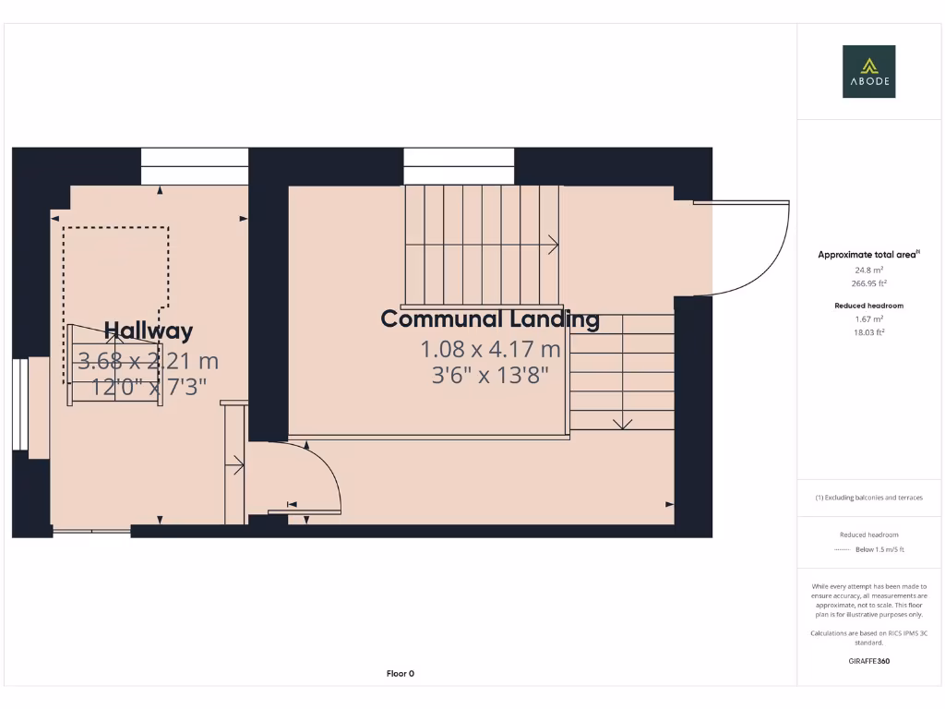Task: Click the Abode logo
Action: click(868, 71)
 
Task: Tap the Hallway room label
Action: click(148, 330)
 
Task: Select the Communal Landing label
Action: click(490, 319)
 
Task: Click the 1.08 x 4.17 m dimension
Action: click(490, 350)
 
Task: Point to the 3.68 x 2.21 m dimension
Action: click(148, 361)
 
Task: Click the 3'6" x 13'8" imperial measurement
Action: click(490, 375)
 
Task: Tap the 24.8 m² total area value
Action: click(868, 270)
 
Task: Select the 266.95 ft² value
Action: click(868, 283)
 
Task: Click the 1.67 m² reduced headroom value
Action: click(868, 318)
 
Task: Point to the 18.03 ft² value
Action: click(868, 331)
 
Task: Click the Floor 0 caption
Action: click(400, 674)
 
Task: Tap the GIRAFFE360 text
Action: click(868, 661)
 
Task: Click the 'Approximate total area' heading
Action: click(866, 255)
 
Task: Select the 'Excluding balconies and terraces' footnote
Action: click(868, 498)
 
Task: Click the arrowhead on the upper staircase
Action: click(554, 245)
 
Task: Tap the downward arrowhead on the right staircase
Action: click(622, 424)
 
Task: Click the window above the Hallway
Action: click(195, 166)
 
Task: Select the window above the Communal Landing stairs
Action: click(459, 166)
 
